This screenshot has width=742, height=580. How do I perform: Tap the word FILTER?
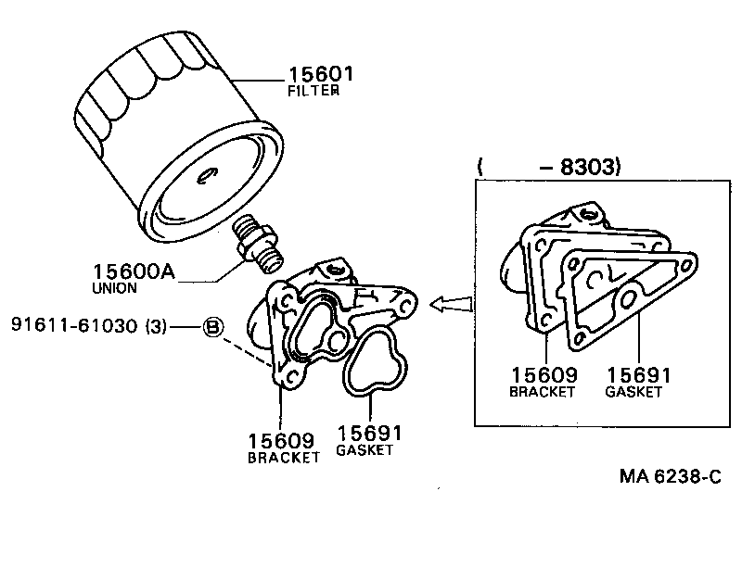[x=313, y=92]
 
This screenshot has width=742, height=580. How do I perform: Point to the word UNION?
[x=115, y=288]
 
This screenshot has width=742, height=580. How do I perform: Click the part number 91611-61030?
[x=78, y=326]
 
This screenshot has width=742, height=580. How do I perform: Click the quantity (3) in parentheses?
[x=155, y=326]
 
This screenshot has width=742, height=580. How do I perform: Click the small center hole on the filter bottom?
[x=206, y=171]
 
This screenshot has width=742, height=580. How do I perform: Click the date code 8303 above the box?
[x=586, y=168]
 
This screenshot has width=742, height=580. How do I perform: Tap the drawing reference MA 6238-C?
[x=671, y=476]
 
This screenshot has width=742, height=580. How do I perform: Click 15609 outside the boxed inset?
[x=282, y=439]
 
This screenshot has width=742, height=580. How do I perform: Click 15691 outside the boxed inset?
[x=370, y=434]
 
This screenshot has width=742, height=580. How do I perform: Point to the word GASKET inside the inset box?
[x=634, y=392]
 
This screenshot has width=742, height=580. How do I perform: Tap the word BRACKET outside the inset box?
[x=283, y=457]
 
